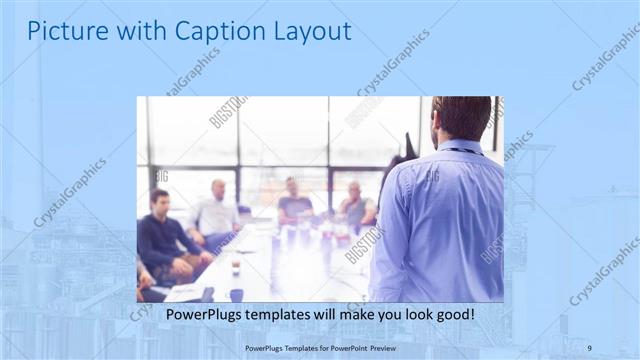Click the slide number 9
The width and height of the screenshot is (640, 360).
point(589,347)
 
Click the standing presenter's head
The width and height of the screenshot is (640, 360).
point(461,118)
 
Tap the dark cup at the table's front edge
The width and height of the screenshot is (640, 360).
point(236,294)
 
